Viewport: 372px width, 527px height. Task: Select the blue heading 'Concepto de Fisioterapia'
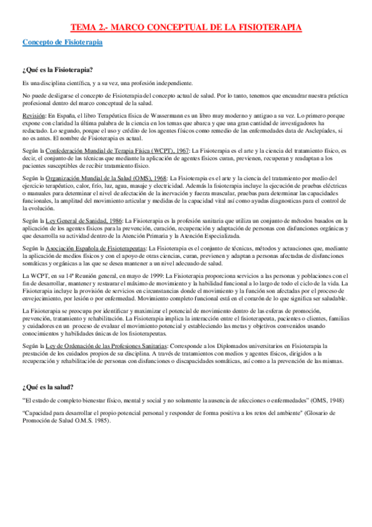coord(62,42)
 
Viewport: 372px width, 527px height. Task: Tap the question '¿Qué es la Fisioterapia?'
coord(58,70)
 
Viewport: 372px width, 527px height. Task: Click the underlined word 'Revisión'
coord(34,116)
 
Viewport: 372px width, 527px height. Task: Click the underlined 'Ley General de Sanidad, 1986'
coord(82,221)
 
